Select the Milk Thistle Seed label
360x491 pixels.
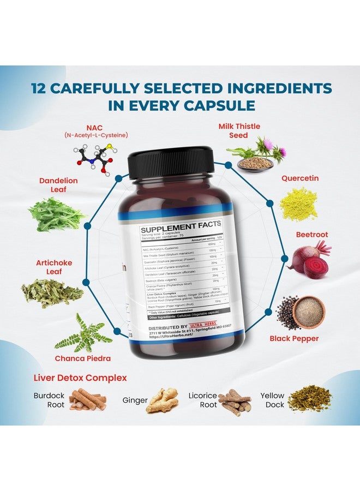click(239, 131)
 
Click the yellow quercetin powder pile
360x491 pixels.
click(298, 204)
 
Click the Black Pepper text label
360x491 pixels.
click(294, 338)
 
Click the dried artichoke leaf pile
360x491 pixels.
click(52, 293)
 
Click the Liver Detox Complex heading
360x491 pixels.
click(80, 378)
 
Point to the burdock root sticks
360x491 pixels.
click(88, 399)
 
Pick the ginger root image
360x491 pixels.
click(162, 400)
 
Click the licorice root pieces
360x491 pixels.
click(235, 403)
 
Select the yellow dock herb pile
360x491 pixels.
click(309, 399)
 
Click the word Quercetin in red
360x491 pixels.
click(300, 178)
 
